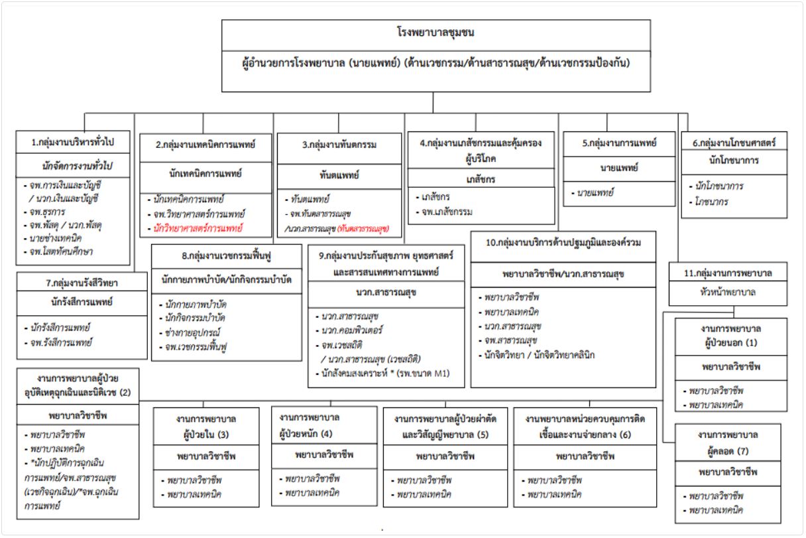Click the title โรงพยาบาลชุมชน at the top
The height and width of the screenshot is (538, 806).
tap(435, 33)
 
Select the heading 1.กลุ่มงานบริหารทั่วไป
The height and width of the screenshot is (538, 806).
tap(73, 142)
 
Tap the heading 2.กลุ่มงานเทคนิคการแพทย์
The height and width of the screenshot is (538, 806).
tap(205, 145)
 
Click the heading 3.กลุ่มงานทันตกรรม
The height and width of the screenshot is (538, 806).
tap(339, 145)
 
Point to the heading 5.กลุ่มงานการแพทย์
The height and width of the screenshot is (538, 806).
tap(619, 143)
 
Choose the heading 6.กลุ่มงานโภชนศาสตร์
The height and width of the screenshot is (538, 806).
tap(734, 143)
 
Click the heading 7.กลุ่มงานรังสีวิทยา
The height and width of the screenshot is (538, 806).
tap(82, 283)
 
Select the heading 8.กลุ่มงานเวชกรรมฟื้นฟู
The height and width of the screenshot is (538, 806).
tap(226, 256)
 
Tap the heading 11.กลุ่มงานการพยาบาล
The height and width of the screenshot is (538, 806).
tap(728, 273)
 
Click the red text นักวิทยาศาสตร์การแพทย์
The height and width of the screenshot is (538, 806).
tap(198, 228)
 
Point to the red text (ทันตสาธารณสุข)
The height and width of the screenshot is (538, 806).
tap(363, 229)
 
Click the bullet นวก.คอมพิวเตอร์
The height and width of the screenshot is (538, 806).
tap(351, 330)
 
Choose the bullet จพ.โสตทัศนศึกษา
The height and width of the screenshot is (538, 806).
tap(61, 251)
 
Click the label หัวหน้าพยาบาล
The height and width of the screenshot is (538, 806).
tap(728, 292)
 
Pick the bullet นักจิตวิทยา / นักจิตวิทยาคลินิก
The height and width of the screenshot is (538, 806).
tap(540, 355)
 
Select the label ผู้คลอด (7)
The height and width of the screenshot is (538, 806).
tap(728, 451)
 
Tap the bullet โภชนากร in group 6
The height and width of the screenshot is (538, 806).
tap(711, 202)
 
